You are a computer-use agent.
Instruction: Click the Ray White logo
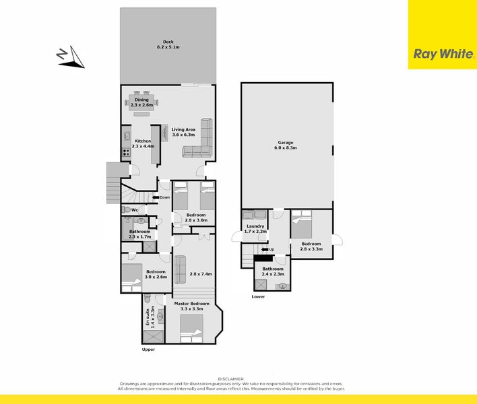click(442, 54)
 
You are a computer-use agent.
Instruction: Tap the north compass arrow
click(71, 58)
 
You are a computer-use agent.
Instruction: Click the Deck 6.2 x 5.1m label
click(168, 44)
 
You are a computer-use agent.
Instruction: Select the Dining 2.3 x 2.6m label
click(142, 103)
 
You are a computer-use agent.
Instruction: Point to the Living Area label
click(183, 132)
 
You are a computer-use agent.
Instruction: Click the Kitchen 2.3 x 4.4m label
click(143, 143)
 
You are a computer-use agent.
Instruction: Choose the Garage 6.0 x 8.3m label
click(287, 145)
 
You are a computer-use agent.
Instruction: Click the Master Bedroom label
click(192, 306)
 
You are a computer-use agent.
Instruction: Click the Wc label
click(135, 210)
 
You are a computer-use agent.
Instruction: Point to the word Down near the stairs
click(165, 197)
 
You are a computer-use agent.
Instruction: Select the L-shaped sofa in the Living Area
click(199, 143)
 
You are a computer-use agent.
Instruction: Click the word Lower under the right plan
click(258, 296)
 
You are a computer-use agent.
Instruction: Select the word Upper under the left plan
click(148, 350)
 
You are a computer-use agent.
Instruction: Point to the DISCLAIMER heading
click(238, 378)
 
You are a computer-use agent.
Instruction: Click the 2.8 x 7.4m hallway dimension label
click(201, 274)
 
